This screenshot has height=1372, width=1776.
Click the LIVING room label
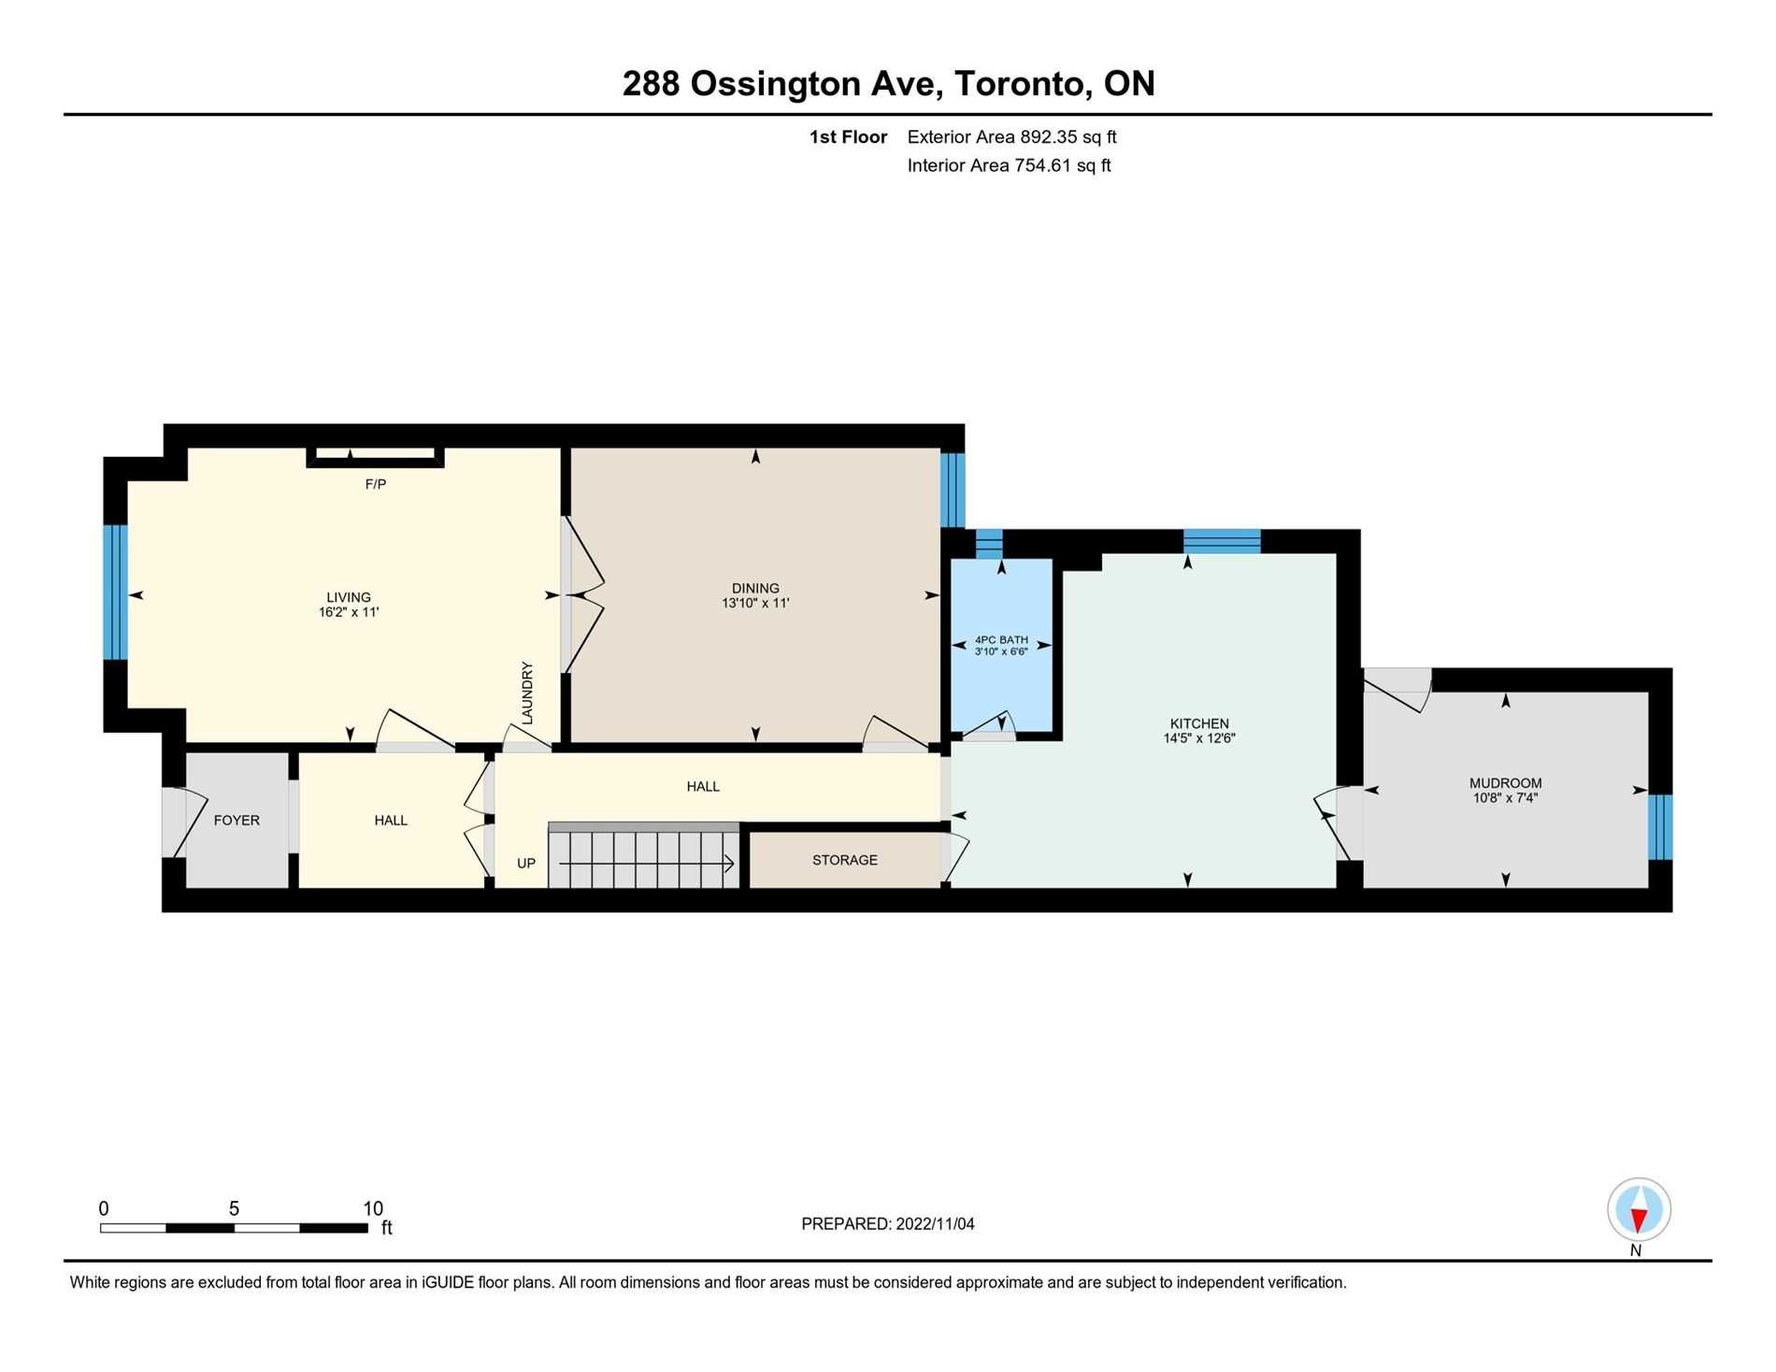(348, 597)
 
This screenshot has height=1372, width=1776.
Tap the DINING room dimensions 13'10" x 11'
(755, 604)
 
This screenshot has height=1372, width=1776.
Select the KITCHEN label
(1199, 723)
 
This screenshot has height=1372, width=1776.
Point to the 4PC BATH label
(1001, 639)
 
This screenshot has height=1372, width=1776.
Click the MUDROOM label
(1505, 783)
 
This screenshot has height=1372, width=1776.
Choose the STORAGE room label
(844, 860)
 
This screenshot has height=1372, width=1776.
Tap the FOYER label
(236, 821)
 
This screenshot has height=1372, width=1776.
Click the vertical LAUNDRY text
(527, 693)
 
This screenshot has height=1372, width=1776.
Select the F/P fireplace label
(375, 484)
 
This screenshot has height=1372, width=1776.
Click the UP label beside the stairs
(526, 864)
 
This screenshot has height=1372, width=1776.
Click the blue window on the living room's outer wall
(114, 593)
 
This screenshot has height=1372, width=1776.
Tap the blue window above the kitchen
(1222, 541)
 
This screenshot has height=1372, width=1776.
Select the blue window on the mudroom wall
(1660, 826)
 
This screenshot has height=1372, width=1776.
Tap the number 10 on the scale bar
(373, 1208)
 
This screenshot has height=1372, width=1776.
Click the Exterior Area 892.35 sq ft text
(1011, 137)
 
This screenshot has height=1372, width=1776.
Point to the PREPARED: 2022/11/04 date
(887, 1224)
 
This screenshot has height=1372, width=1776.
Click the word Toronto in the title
(1023, 84)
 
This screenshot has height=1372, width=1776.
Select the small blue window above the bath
(989, 543)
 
